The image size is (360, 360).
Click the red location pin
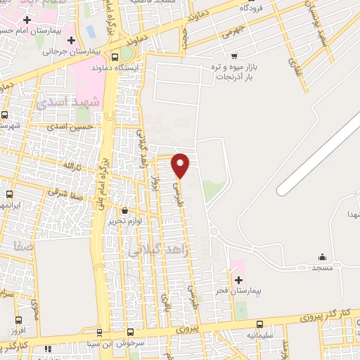point(181,165)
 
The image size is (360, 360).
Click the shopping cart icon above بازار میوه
point(233,55)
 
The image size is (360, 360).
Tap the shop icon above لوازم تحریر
point(125,210)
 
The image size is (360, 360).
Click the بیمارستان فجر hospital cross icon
point(238,279)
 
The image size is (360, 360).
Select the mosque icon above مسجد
point(322,257)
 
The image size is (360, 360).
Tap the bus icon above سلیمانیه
point(259,324)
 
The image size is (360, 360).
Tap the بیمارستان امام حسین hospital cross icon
point(26,20)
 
